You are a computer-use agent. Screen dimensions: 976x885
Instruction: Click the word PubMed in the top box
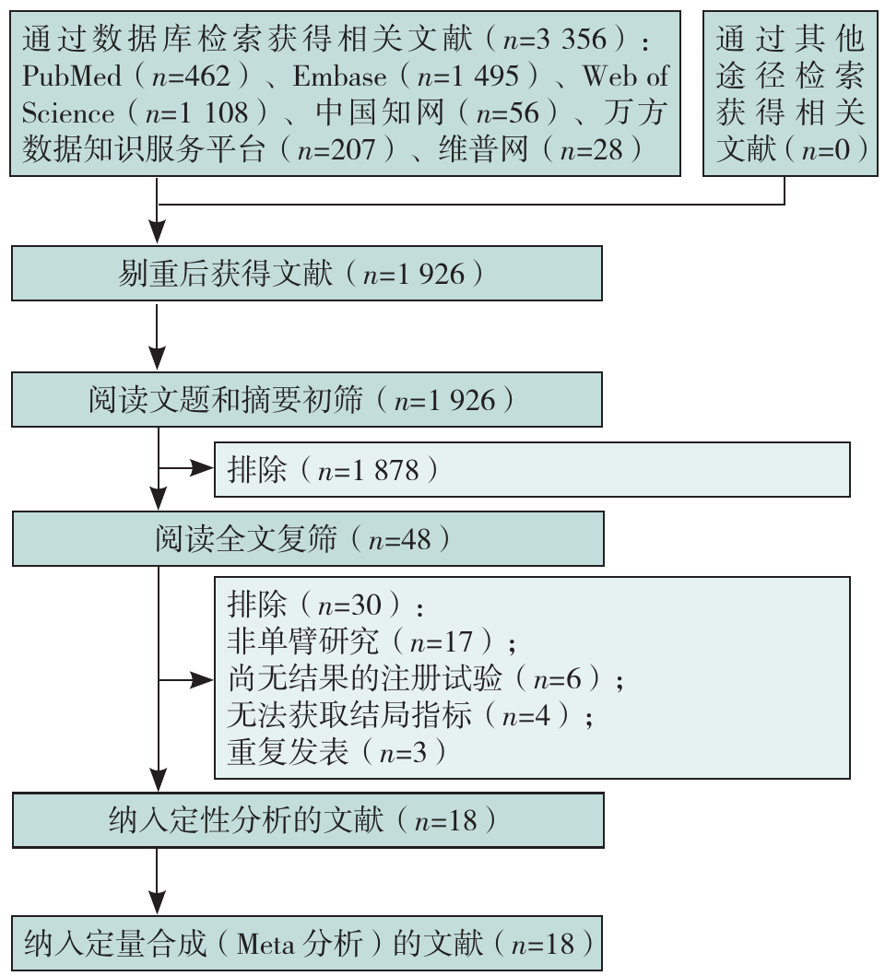[70, 76]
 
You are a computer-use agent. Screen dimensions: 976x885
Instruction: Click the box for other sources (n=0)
[790, 93]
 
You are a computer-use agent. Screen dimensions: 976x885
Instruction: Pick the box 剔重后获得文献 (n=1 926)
[307, 274]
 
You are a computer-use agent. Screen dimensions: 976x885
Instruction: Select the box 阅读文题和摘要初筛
[307, 400]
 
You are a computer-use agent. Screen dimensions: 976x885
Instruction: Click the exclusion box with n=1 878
[531, 470]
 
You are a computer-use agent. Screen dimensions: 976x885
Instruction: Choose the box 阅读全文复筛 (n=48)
[307, 539]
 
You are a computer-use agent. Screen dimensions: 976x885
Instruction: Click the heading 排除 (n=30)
[324, 606]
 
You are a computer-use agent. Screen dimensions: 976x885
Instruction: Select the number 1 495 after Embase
[500, 76]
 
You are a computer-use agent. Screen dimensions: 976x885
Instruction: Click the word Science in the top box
[68, 113]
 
